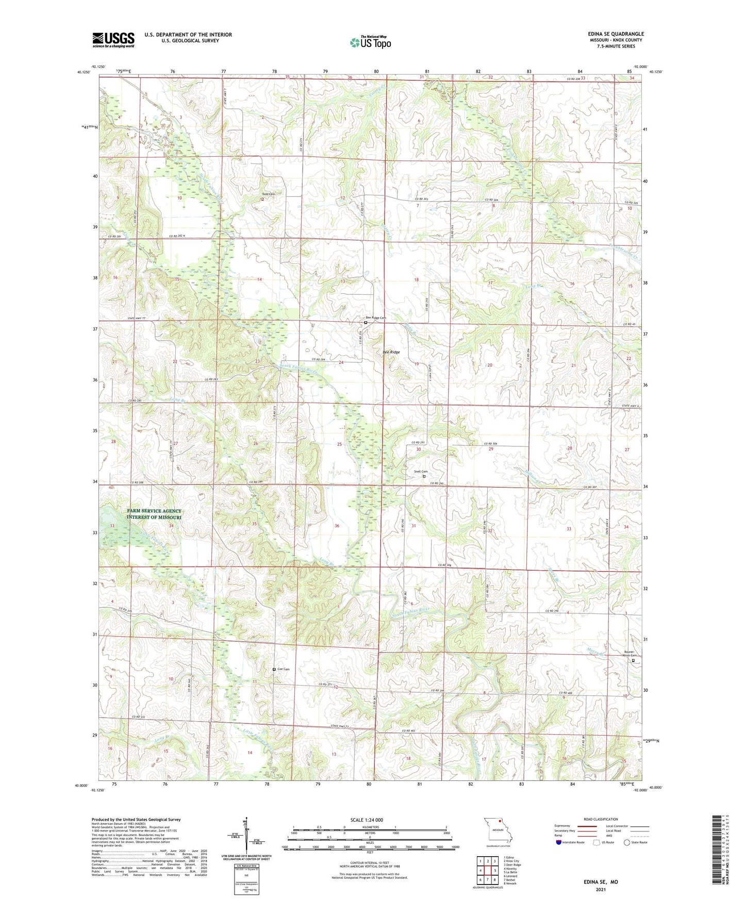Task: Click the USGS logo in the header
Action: pos(113,39)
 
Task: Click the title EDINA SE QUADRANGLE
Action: pos(616,34)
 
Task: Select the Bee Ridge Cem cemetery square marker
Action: pos(366,323)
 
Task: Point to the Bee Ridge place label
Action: pos(391,352)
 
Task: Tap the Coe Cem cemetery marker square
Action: pos(274,669)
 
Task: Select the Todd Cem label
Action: pos(269,194)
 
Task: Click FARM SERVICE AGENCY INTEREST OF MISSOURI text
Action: pos(154,514)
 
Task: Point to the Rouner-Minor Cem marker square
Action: pos(633,660)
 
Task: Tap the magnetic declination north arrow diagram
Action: pos(246,835)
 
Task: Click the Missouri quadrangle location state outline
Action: pos(498,831)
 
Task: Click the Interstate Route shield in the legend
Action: pos(559,842)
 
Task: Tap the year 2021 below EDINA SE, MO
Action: pos(600,890)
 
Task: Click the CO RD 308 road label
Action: pos(444,565)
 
